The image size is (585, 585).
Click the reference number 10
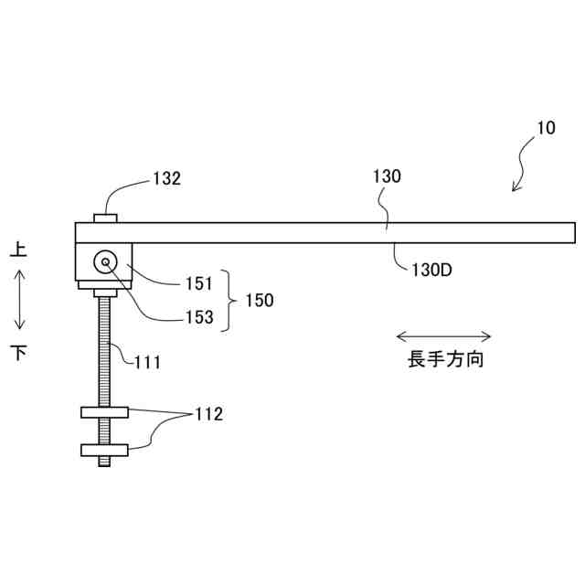(x=545, y=129)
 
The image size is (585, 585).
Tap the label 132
(x=166, y=179)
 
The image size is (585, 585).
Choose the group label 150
(x=259, y=300)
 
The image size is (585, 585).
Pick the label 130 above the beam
(x=387, y=177)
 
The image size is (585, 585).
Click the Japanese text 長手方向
(x=446, y=359)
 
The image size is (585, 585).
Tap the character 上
(x=18, y=249)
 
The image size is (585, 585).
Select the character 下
(x=18, y=352)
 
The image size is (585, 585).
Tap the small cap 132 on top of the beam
(x=105, y=217)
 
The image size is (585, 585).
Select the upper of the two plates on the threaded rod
(x=104, y=412)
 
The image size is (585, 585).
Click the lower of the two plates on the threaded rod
(x=104, y=450)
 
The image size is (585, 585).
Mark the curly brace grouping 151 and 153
(x=229, y=300)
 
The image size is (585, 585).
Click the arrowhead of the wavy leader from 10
(x=515, y=189)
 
